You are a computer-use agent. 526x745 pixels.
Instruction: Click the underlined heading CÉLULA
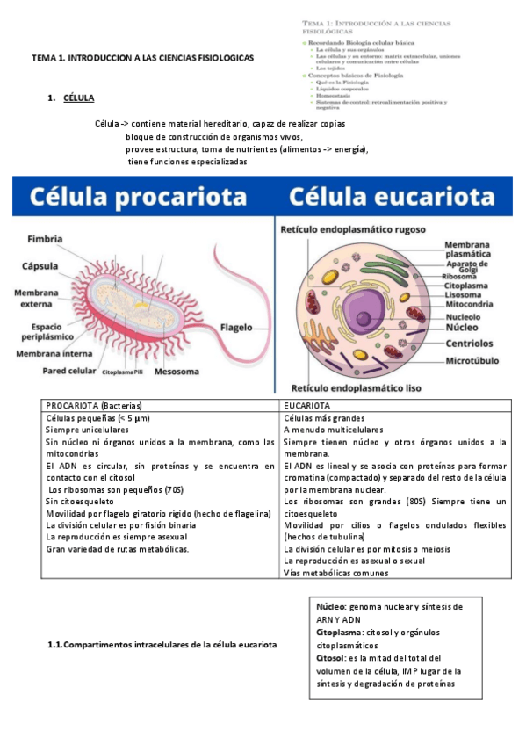tap(79, 98)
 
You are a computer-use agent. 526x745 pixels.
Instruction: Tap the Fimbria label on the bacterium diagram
tap(45, 239)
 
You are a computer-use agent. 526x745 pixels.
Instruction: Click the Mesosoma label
tap(178, 371)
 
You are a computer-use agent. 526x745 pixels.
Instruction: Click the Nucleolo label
tap(468, 317)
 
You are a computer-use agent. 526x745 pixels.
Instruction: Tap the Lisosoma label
tap(466, 297)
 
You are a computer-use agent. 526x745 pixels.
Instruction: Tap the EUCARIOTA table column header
tap(306, 406)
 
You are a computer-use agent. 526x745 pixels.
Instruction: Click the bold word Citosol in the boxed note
tap(330, 657)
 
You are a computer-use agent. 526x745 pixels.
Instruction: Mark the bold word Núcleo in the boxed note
tap(331, 607)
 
